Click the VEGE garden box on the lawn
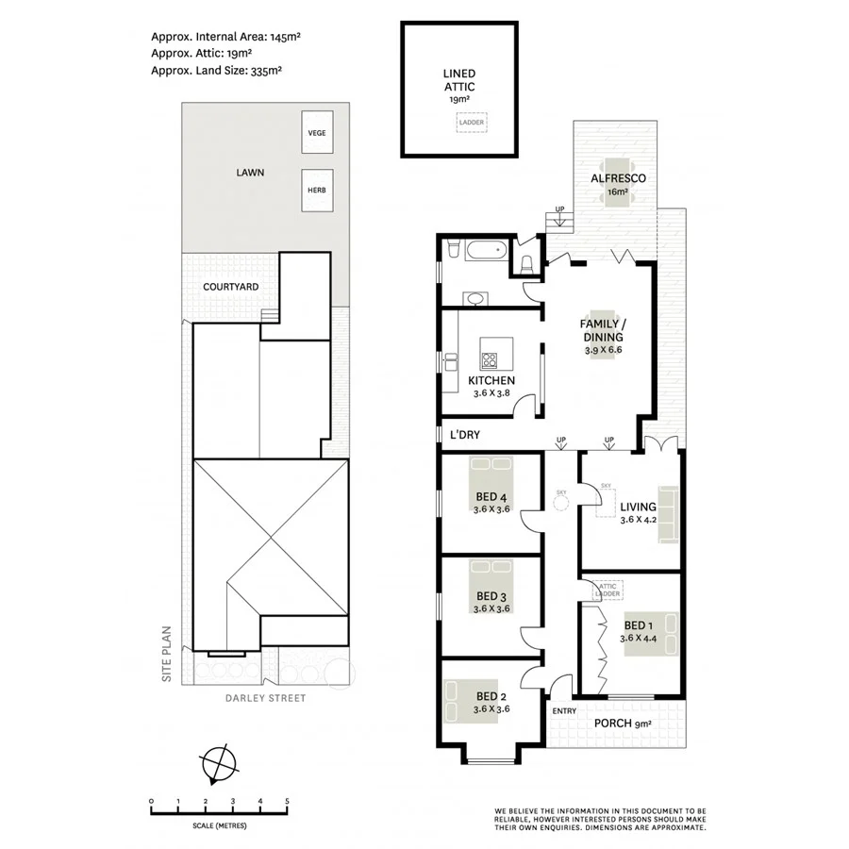point(316,132)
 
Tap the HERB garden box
point(316,189)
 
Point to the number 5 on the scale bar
point(287,801)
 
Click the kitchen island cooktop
point(491,358)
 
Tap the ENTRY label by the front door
point(564,710)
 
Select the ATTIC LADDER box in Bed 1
point(607,591)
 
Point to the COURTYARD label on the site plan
point(230,287)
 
